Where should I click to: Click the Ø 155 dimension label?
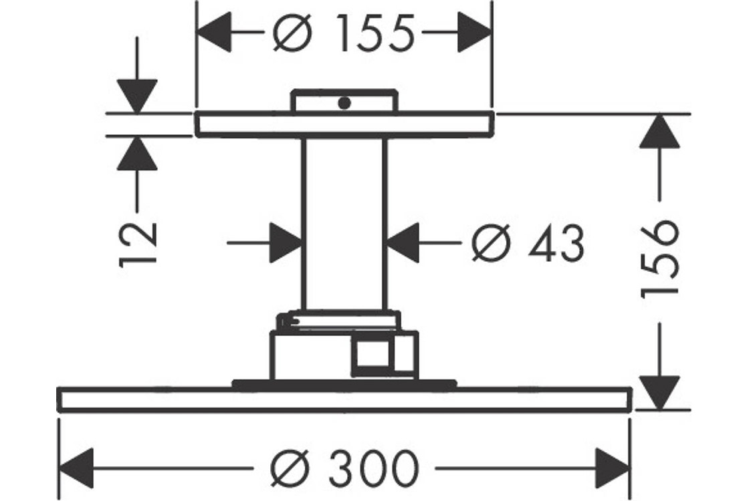coord(344,35)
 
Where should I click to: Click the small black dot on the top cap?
coord(344,103)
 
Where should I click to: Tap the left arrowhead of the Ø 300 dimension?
coord(77,466)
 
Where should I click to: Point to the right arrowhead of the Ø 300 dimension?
coord(613,466)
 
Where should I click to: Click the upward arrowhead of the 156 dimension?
coord(659,131)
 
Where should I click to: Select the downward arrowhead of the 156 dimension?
coord(659,391)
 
